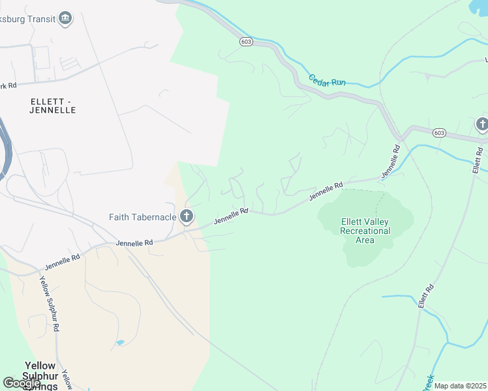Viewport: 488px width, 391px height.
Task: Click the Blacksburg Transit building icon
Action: click(65, 18)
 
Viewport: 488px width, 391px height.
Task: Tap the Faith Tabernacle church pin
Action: click(187, 216)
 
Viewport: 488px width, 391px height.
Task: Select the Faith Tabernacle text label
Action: click(142, 216)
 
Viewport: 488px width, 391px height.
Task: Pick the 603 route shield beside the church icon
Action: click(438, 133)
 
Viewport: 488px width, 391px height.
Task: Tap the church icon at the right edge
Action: click(481, 124)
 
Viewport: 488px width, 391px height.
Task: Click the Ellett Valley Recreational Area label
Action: click(365, 231)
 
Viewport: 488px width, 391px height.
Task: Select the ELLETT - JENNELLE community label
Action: click(53, 106)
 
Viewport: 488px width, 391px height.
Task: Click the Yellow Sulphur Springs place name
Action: click(40, 376)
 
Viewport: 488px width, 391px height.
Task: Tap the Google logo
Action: click(22, 383)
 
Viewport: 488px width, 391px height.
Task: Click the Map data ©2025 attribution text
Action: click(460, 386)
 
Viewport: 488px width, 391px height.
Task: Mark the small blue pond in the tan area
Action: click(119, 342)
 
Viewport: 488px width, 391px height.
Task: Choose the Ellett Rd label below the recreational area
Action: click(426, 296)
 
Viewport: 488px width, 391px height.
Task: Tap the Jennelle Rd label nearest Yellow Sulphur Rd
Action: click(63, 262)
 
